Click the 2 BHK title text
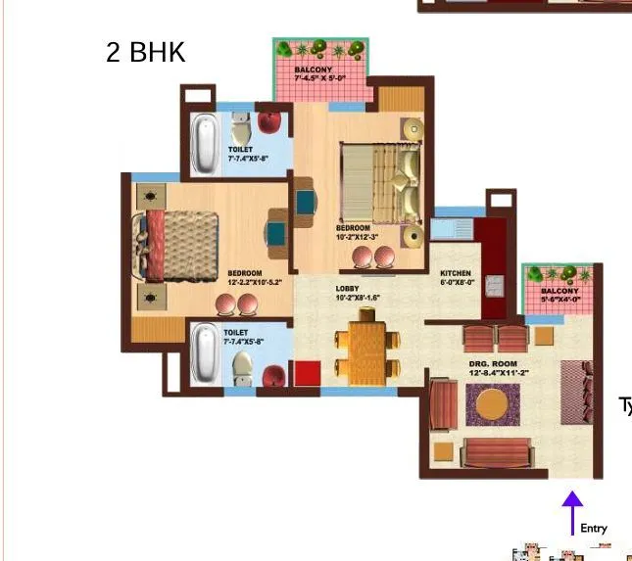(145, 52)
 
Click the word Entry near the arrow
(594, 529)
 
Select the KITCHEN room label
(456, 277)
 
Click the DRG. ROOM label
(500, 368)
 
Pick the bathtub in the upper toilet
(206, 143)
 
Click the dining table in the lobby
(367, 346)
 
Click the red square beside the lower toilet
(308, 373)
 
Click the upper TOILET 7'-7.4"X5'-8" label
(245, 154)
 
